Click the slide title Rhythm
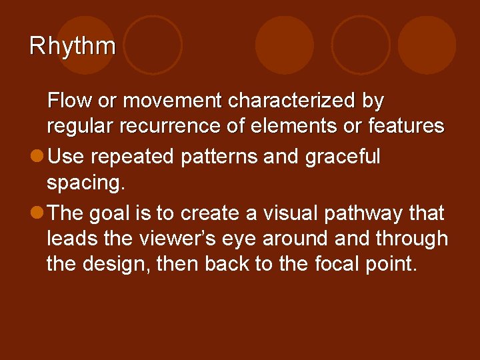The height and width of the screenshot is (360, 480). pyautogui.click(x=73, y=46)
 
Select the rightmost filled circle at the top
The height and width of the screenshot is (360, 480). pyautogui.click(x=427, y=45)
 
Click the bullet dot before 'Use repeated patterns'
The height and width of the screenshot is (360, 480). pyautogui.click(x=37, y=157)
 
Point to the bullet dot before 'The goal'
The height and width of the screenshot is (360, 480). pyautogui.click(x=37, y=213)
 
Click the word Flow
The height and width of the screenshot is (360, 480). pyautogui.click(x=69, y=101)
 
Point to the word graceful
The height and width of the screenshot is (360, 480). pyautogui.click(x=343, y=157)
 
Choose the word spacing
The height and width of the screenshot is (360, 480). pyautogui.click(x=85, y=183)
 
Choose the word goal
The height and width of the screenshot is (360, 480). pyautogui.click(x=131, y=213)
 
